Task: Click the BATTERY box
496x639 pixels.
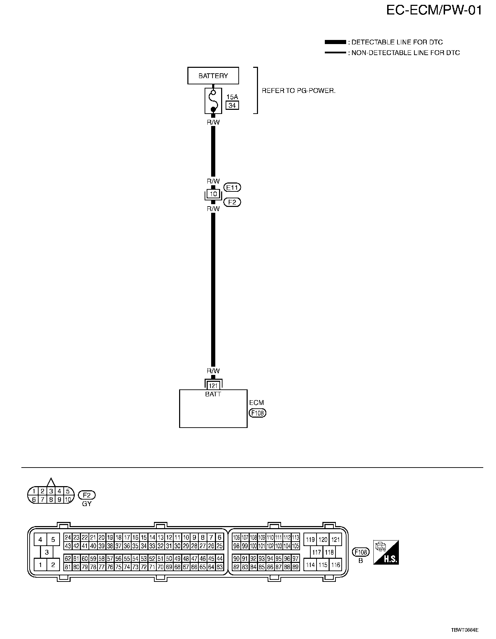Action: pos(213,76)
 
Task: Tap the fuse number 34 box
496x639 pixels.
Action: pos(232,105)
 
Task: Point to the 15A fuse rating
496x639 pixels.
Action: pos(232,97)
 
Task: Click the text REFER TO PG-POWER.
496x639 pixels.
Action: pos(298,91)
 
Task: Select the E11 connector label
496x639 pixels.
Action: pos(232,187)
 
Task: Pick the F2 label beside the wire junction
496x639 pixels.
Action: pos(232,202)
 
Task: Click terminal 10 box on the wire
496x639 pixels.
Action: pos(213,194)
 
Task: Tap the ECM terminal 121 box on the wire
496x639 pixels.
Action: pos(213,386)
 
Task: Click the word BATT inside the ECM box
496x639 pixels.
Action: pos(213,394)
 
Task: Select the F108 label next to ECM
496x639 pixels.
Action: pos(257,413)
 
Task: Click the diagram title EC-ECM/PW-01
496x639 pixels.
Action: pos(434,11)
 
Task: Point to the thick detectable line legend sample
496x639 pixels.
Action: pos(335,42)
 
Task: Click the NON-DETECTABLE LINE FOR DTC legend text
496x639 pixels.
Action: pos(405,53)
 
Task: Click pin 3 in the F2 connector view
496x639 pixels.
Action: pos(51,491)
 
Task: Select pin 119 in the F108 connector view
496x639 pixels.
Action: pos(310,540)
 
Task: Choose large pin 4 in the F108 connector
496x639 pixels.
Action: pos(40,540)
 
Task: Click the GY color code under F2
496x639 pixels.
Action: pos(87,503)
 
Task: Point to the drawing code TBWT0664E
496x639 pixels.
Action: pos(465,630)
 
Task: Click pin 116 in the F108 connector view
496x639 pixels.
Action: pos(335,565)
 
